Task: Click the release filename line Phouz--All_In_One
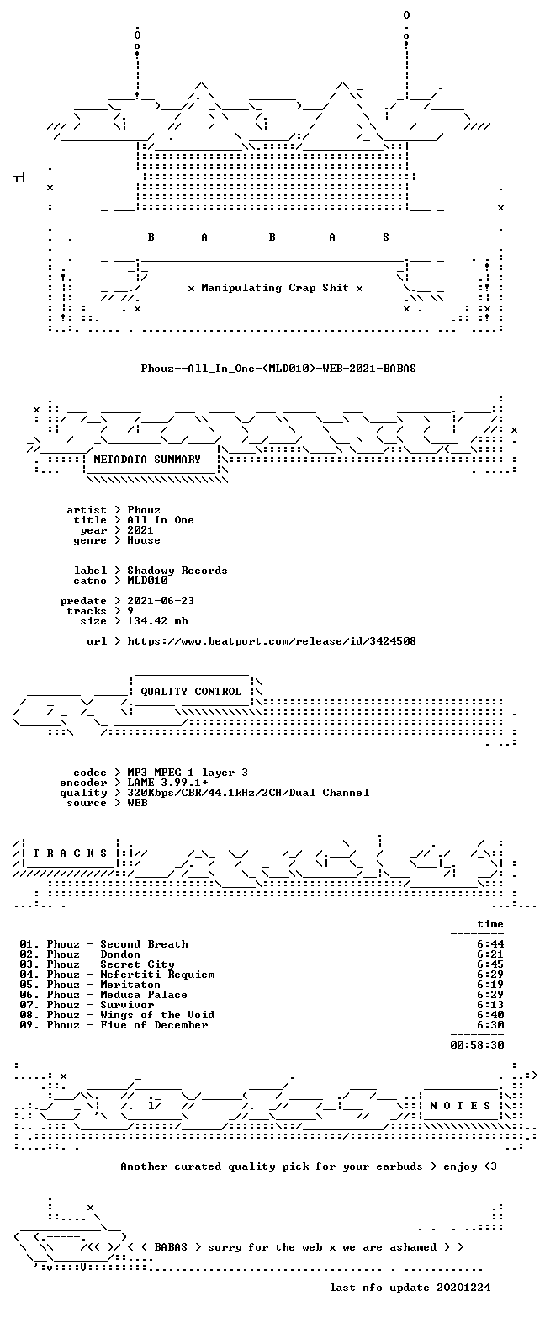278,369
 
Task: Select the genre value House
144,540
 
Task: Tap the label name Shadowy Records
177,571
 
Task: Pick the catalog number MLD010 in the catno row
147,581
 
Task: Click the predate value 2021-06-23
161,601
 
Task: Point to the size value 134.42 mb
157,621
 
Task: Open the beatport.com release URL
272,641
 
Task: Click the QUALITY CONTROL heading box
191,692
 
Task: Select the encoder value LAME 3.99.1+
167,783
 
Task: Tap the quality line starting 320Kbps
248,793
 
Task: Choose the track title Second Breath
144,944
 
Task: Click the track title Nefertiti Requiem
157,975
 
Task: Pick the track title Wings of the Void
157,1015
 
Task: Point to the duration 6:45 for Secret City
490,964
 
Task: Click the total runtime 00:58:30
477,1044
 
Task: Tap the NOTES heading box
461,1105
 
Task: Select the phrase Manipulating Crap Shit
274,288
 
